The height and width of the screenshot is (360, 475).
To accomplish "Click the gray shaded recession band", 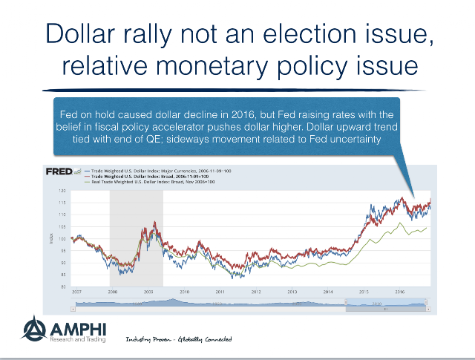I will (x=136, y=238).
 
